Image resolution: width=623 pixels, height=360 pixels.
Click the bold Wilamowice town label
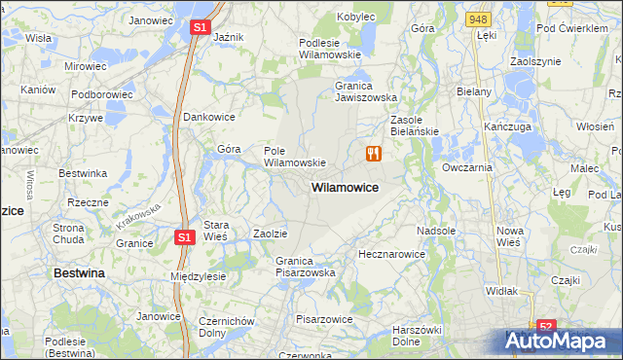click(345, 186)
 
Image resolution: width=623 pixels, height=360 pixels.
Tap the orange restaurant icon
click(373, 153)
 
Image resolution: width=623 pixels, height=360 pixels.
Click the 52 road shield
click(546, 328)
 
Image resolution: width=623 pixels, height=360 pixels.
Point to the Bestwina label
click(80, 274)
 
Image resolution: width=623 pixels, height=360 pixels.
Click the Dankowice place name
click(211, 117)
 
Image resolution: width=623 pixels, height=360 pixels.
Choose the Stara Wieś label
click(215, 230)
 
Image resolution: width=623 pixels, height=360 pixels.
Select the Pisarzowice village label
click(324, 318)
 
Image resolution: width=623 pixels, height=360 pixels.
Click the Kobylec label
click(355, 17)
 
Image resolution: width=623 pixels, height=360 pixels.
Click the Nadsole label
click(436, 231)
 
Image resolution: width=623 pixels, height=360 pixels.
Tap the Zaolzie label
click(270, 234)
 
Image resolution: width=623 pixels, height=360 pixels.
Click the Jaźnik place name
click(228, 37)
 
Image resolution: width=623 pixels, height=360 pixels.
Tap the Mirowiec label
click(85, 66)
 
